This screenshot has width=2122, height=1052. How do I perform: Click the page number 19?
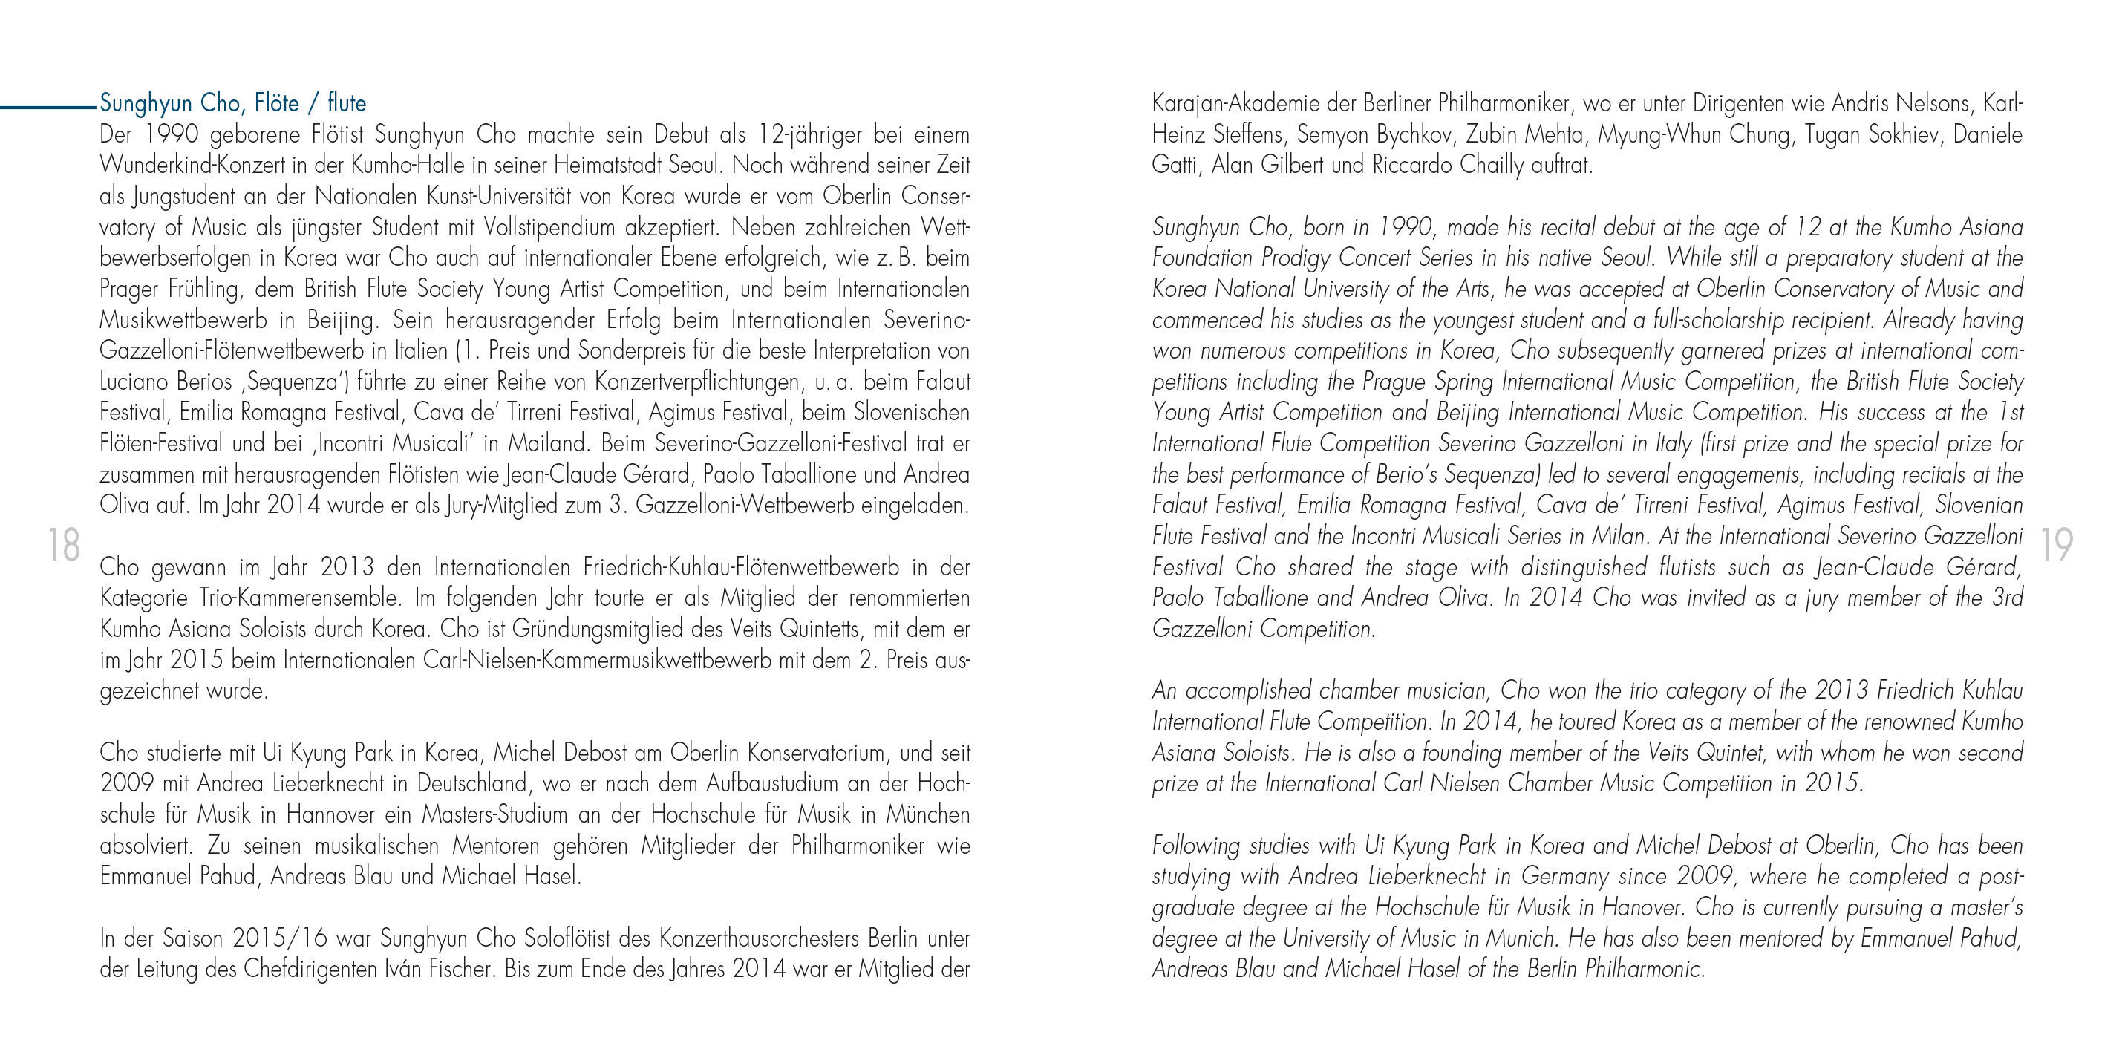click(2057, 546)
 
